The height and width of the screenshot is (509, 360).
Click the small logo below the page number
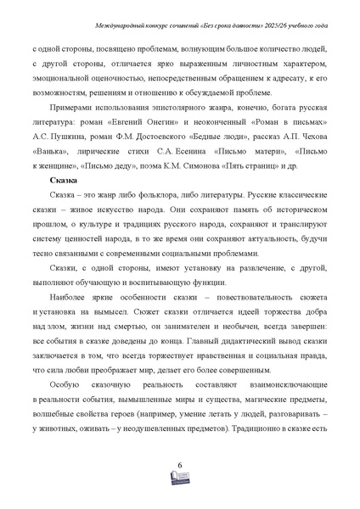coord(180,480)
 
